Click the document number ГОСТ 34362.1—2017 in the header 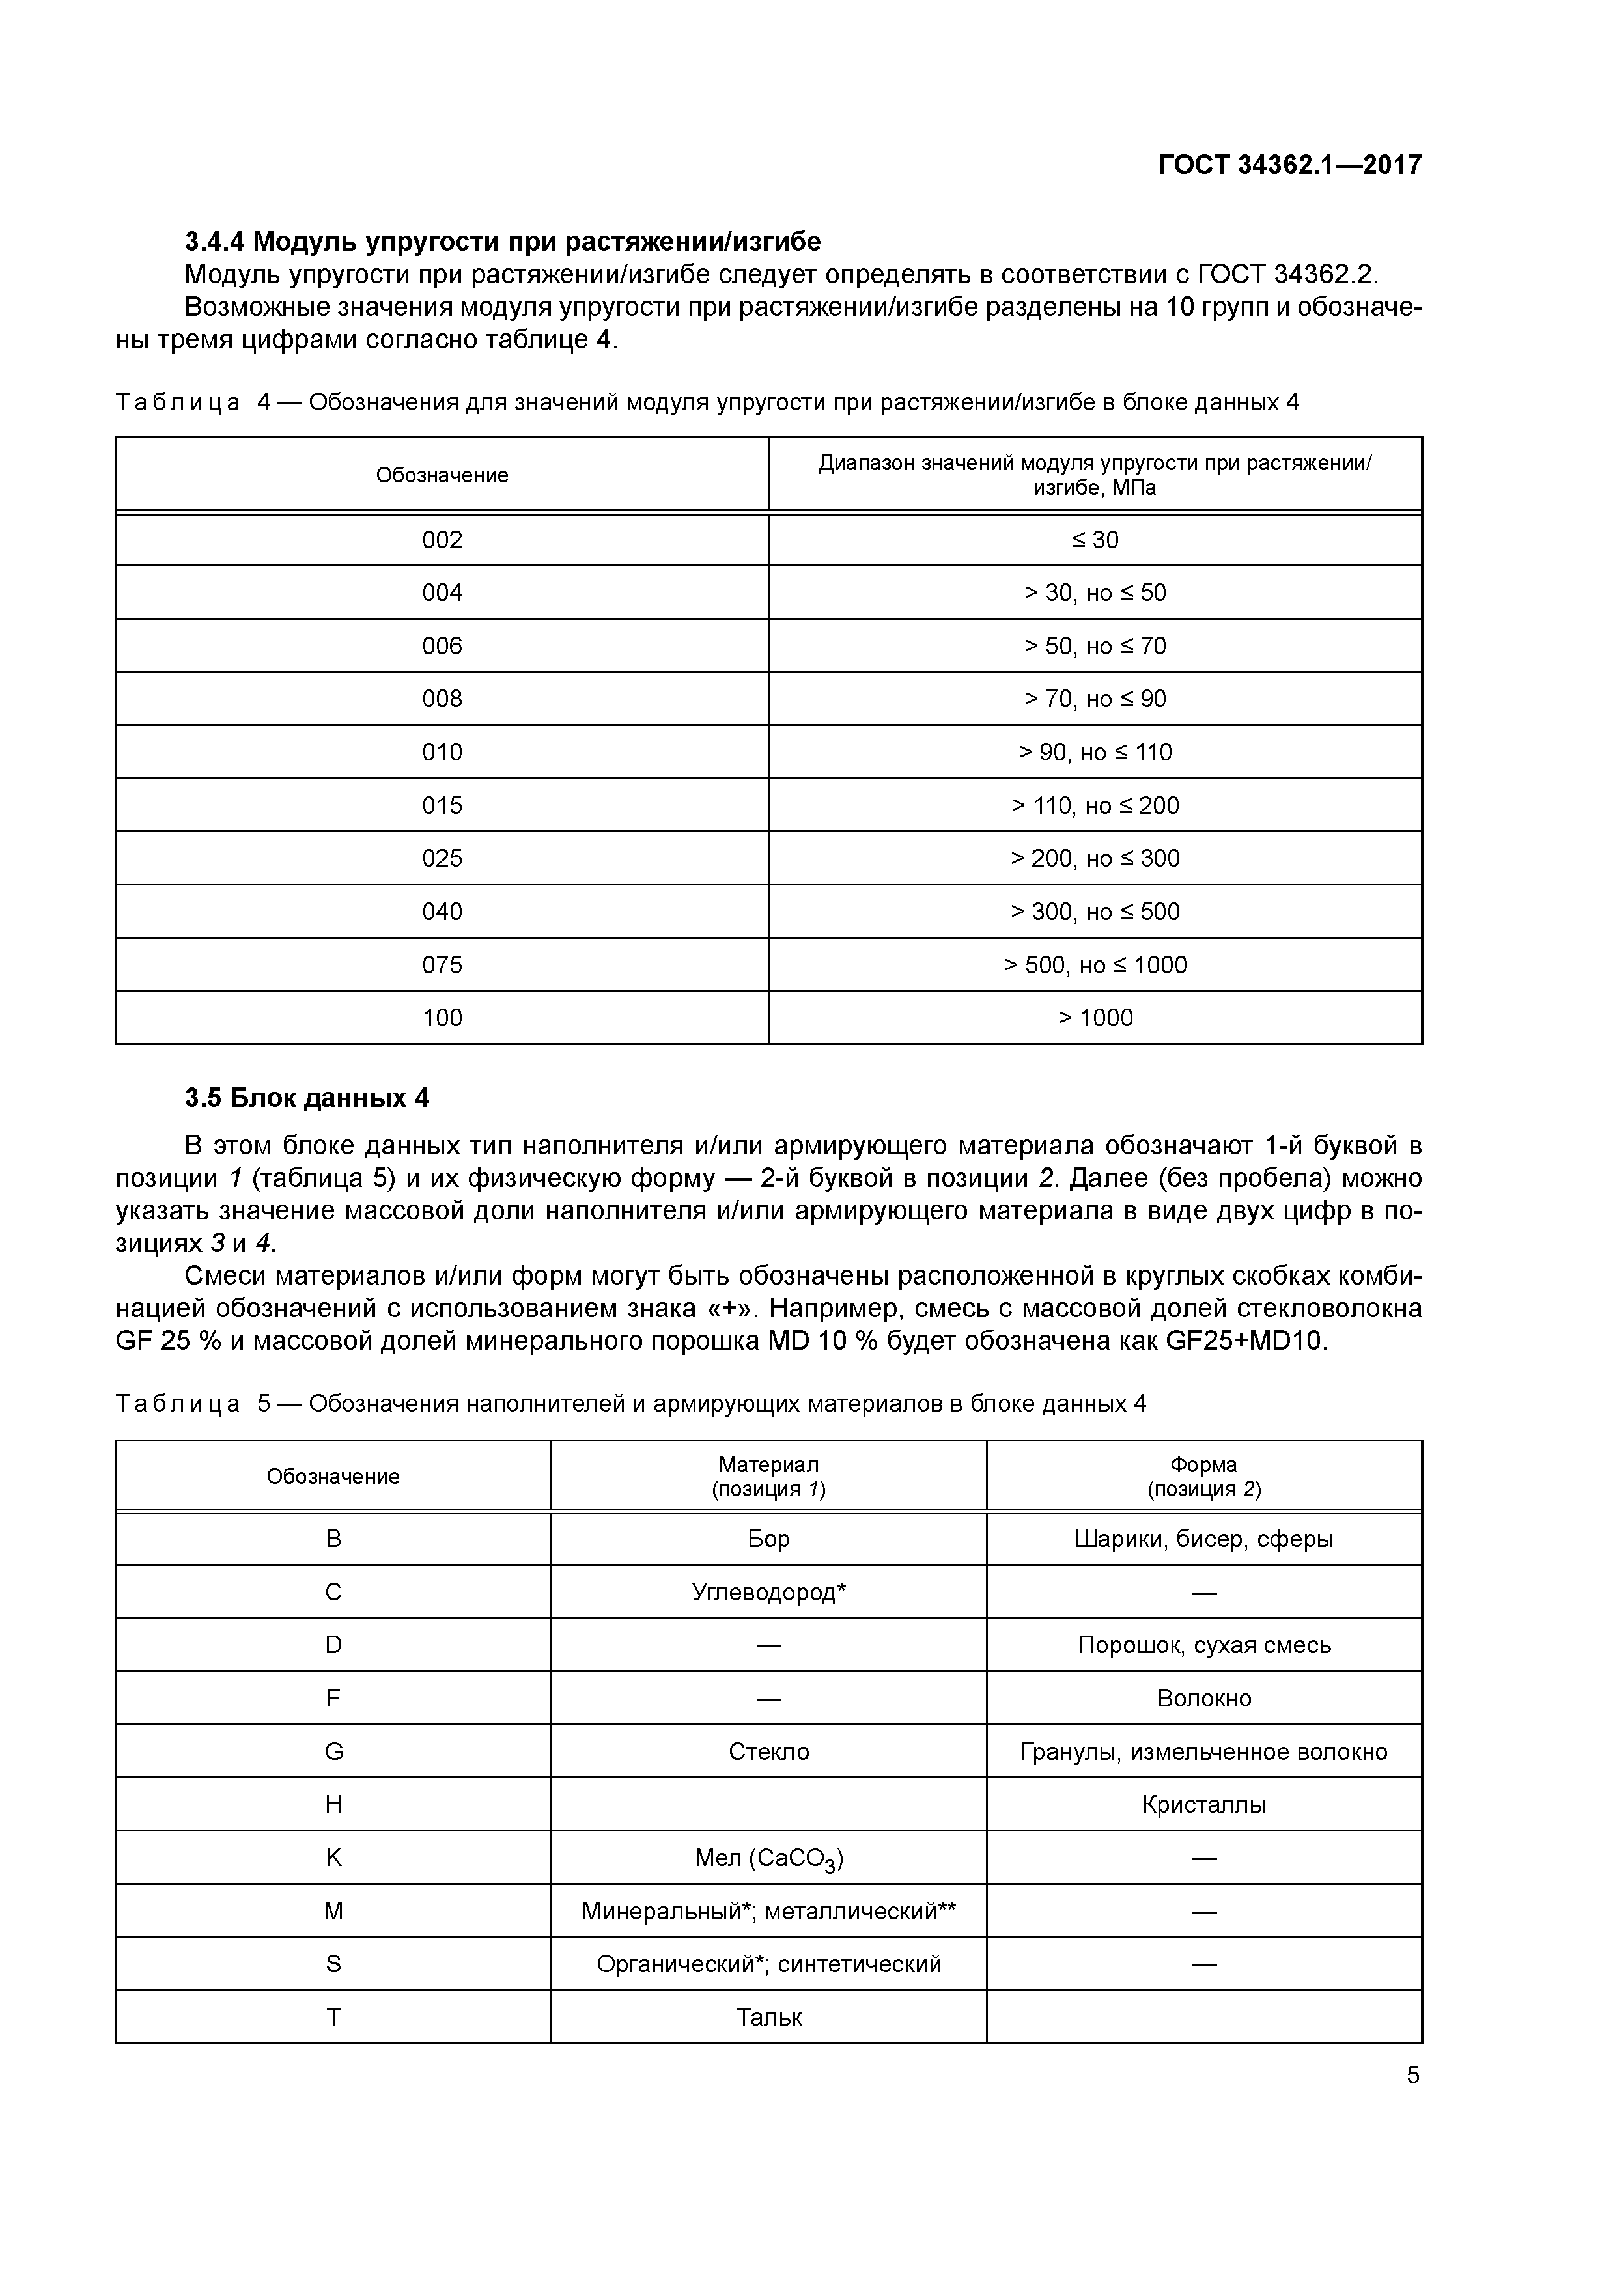point(1289,165)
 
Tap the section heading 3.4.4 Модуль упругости point(503,242)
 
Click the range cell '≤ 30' point(1095,540)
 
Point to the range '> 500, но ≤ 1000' point(1095,965)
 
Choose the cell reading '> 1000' point(1095,1018)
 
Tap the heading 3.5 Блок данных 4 point(307,1098)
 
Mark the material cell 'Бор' point(768,1540)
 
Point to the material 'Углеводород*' point(768,1593)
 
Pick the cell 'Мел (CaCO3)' point(768,1858)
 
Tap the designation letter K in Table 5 point(333,1858)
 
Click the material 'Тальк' point(768,2018)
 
